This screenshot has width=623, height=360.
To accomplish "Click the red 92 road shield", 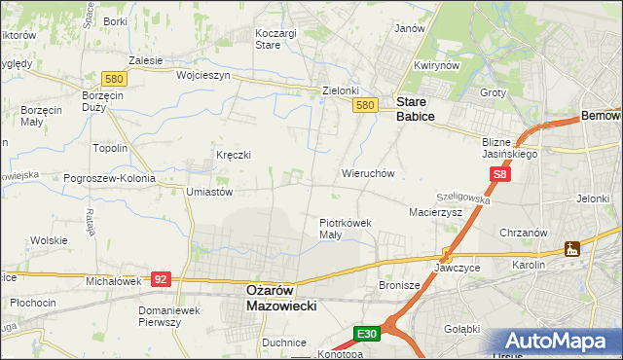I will (162, 278).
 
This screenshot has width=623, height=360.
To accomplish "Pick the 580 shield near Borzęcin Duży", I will (114, 79).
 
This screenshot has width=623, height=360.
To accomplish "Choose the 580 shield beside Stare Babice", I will (365, 105).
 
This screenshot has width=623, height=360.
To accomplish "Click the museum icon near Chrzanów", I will (572, 248).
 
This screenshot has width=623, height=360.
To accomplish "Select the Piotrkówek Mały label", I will (346, 229).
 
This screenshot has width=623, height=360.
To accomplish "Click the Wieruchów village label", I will (367, 174).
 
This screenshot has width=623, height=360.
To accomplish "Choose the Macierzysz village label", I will (434, 211).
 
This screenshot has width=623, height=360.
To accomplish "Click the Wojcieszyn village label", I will (202, 75).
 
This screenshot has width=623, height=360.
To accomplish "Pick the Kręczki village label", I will (234, 155).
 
